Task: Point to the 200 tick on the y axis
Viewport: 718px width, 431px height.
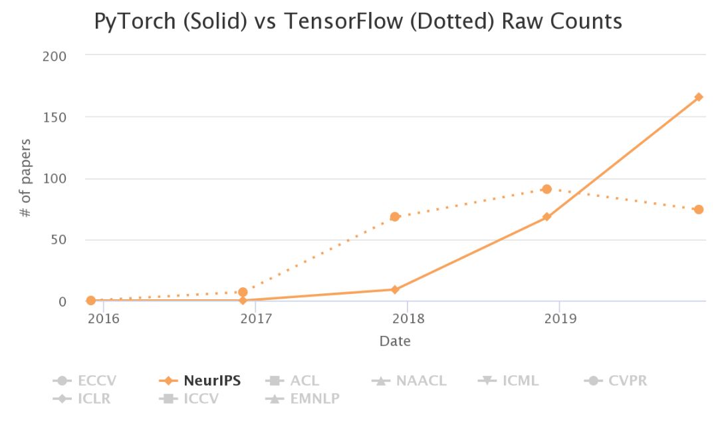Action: pos(55,56)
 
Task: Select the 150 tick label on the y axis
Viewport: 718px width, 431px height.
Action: pos(55,117)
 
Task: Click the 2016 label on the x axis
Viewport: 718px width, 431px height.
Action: pos(103,318)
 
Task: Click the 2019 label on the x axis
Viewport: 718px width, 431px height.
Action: pos(559,318)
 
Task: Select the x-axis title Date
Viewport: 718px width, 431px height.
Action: pos(395,342)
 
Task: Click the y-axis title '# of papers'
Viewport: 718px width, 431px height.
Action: pos(25,178)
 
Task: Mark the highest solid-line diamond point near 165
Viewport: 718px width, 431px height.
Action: pos(699,97)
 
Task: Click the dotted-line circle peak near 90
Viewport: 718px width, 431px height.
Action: pos(546,190)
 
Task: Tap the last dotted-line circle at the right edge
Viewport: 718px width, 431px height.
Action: pos(699,210)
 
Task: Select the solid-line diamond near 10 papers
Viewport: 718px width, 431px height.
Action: pos(395,289)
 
